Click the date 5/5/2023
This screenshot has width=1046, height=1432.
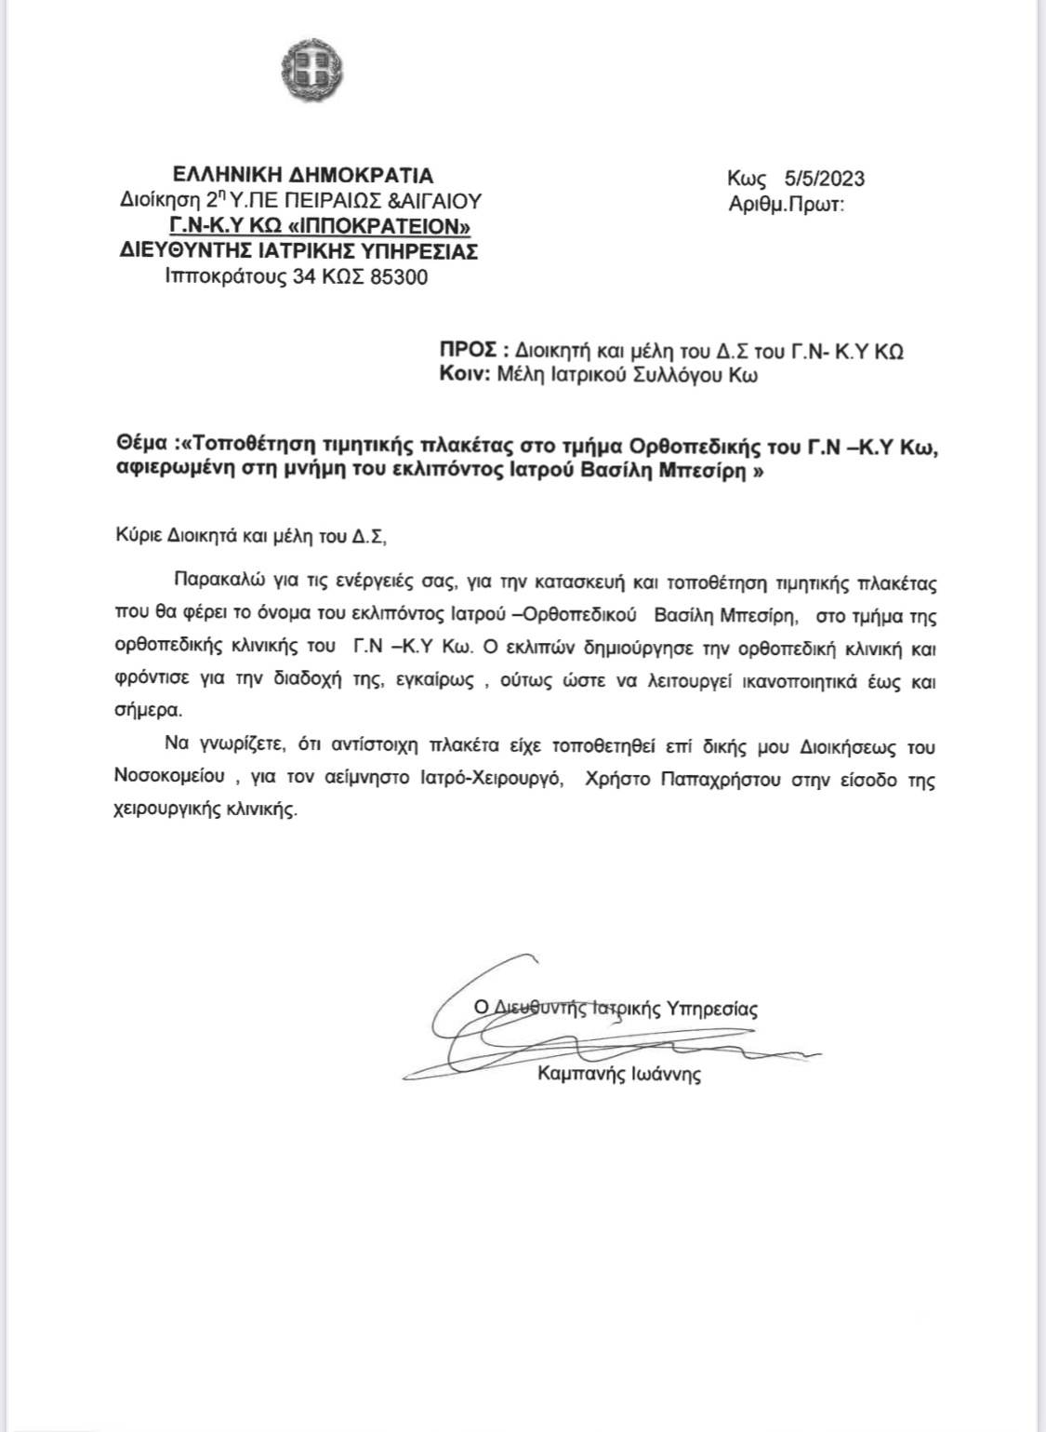coord(824,179)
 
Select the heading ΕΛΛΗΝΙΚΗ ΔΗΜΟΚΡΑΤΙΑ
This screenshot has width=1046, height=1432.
coord(303,175)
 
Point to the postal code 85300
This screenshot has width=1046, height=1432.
coord(399,276)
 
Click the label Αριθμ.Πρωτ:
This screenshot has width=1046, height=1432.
coord(787,204)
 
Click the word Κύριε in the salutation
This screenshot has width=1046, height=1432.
coord(132,535)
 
